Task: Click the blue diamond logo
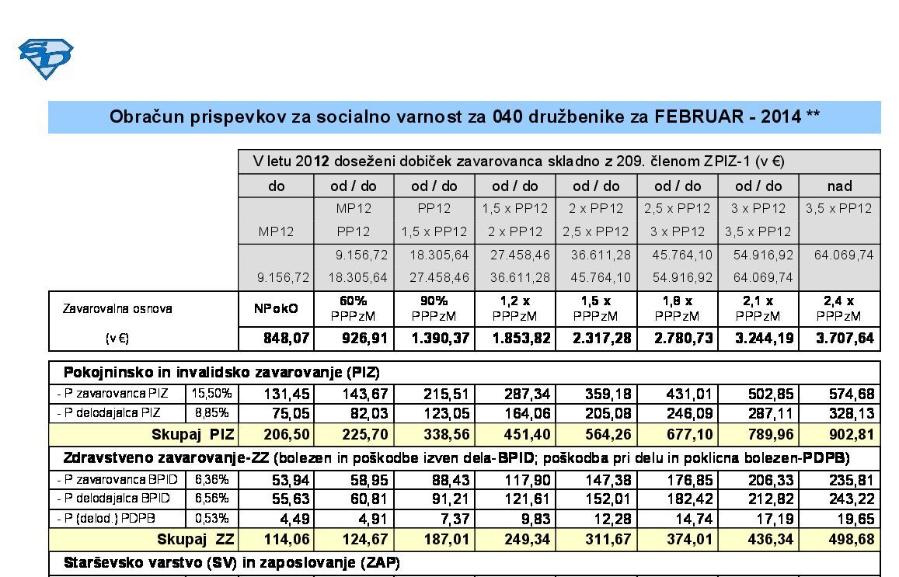coord(45,58)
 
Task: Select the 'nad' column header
coord(840,186)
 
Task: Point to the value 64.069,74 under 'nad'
coord(844,255)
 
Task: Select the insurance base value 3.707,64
coord(845,338)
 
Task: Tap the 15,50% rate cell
coord(211,394)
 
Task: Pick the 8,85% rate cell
coord(211,412)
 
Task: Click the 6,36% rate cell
coord(211,479)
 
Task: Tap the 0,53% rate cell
coord(211,518)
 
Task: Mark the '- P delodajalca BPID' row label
coord(113,499)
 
